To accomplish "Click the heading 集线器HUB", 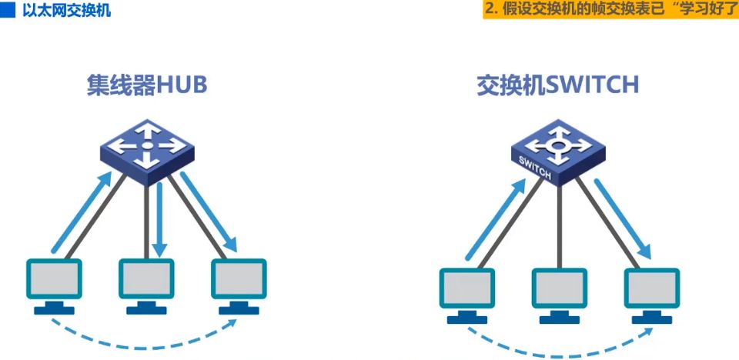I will (147, 85).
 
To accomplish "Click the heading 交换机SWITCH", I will (558, 85).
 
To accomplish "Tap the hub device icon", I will (146, 148).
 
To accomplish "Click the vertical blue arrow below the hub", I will (159, 219).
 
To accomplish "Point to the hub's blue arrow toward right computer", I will (208, 212).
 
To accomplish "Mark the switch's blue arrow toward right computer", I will (622, 219).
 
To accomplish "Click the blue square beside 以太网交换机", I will (8, 12).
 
